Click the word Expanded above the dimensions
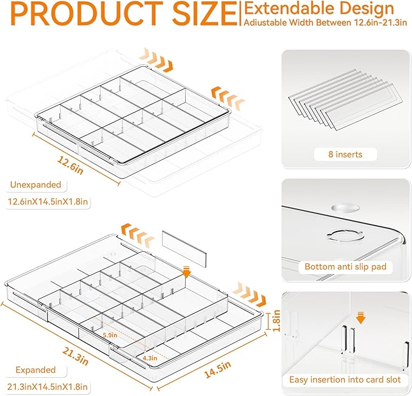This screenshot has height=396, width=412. pyautogui.click(x=35, y=369)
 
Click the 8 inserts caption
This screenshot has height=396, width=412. pyautogui.click(x=346, y=155)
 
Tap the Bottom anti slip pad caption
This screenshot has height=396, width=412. pyautogui.click(x=346, y=266)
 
